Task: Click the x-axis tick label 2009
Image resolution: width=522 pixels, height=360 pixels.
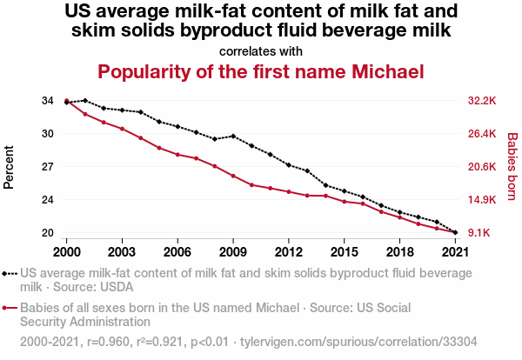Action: coord(233,251)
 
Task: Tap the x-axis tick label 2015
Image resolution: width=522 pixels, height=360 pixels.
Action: coord(345,251)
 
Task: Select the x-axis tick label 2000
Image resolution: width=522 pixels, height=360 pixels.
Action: coord(66,251)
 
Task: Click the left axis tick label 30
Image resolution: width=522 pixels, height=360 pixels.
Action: coord(46,134)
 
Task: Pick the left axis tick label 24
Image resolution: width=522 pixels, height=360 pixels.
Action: coord(46,200)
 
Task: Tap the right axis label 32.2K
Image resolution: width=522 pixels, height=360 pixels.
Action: coord(481,101)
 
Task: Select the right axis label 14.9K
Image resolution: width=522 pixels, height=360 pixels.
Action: coord(481,200)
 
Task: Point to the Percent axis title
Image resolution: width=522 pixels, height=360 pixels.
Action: coord(10,167)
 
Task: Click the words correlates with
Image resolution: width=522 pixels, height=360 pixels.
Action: coord(261,50)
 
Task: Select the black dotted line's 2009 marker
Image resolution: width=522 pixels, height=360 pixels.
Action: coord(233,137)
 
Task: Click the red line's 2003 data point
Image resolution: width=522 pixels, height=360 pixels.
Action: coord(122,129)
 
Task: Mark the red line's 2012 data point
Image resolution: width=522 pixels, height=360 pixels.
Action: coord(289,191)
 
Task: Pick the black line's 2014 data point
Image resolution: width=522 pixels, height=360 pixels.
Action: coord(326,185)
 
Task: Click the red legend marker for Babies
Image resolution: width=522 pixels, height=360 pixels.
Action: coord(10,308)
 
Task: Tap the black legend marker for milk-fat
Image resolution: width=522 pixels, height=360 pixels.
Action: coord(10,272)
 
